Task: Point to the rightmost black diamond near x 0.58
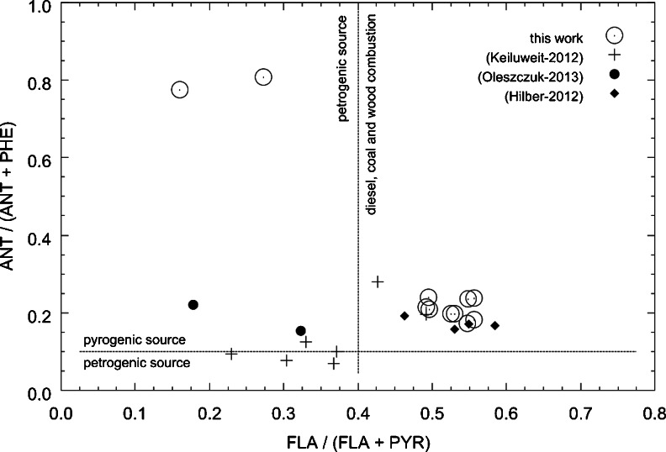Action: click(494, 325)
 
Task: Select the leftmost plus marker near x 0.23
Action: click(231, 354)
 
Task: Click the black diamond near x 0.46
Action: click(404, 316)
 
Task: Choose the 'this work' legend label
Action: click(560, 36)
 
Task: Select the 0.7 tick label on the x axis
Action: click(580, 413)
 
